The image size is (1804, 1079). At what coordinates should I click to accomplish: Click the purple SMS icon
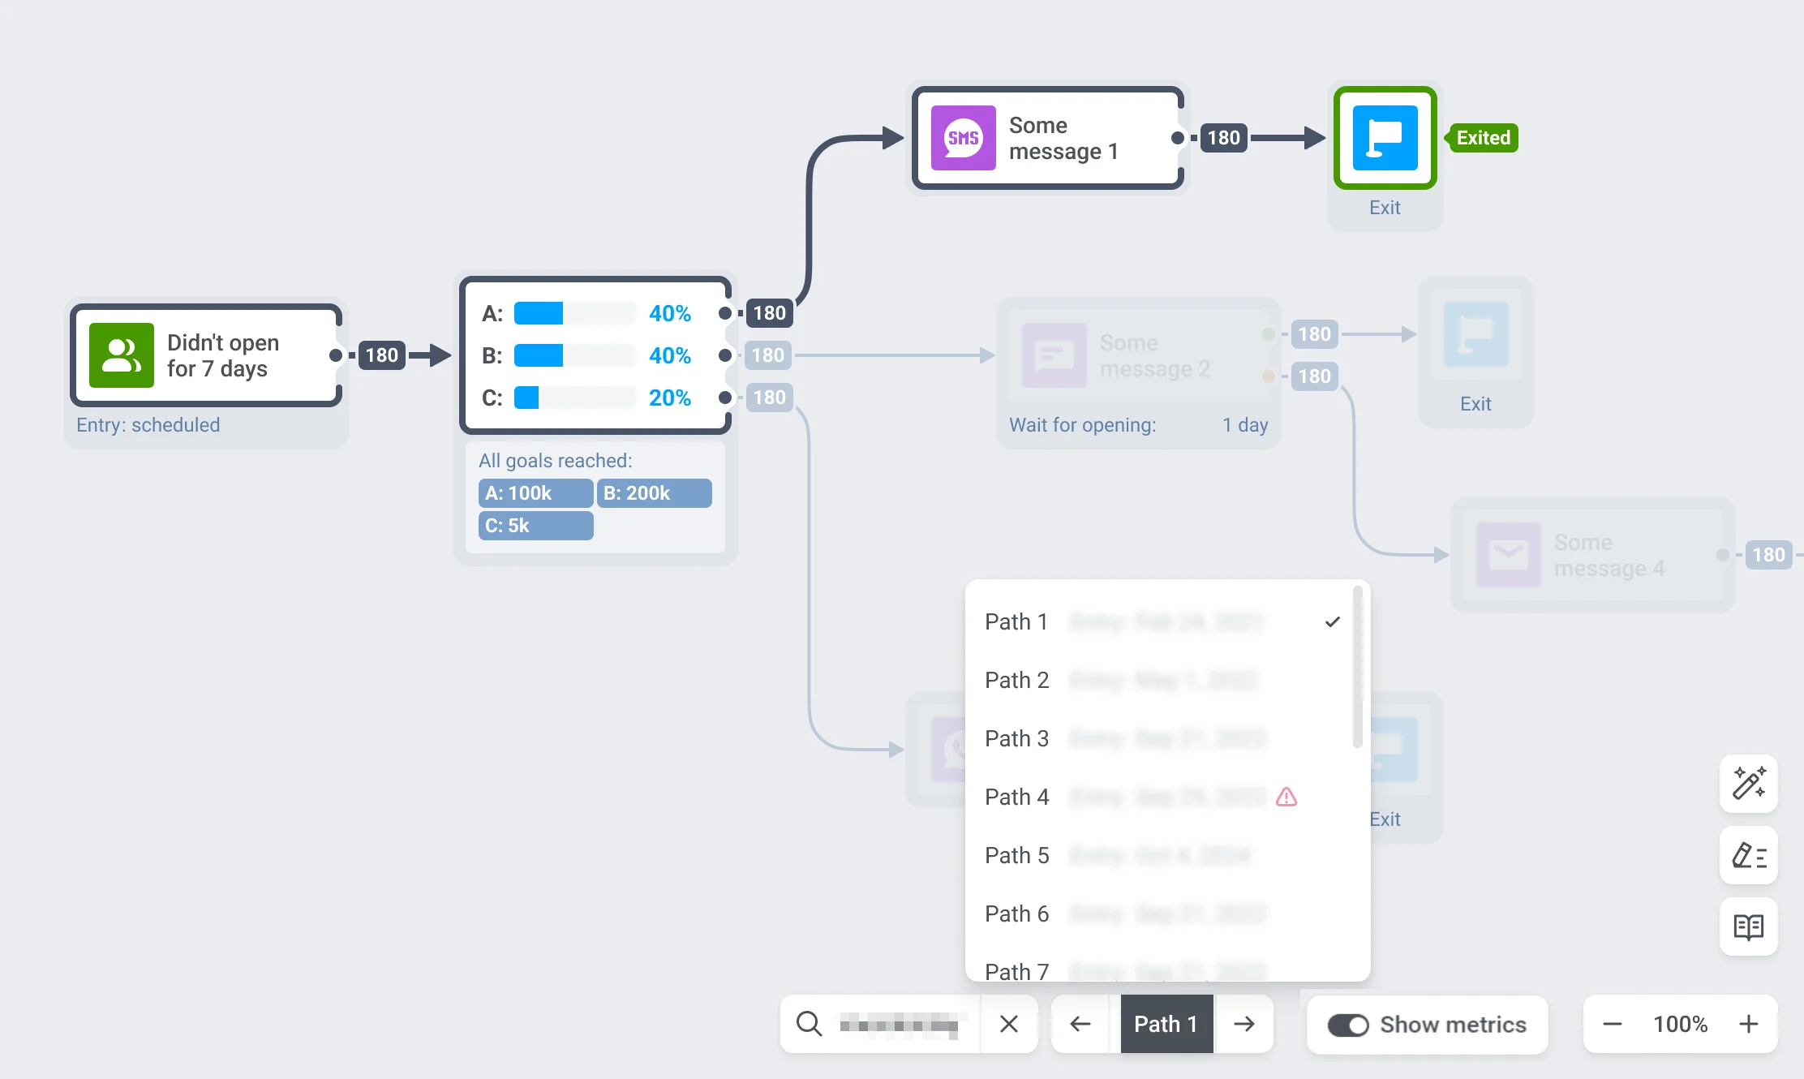[x=963, y=138]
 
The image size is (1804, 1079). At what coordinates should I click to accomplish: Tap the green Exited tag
[x=1483, y=138]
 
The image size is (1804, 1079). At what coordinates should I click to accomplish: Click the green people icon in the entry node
[x=122, y=355]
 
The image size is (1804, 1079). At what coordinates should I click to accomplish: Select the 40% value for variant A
[x=669, y=313]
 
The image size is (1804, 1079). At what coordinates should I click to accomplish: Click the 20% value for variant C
[x=669, y=398]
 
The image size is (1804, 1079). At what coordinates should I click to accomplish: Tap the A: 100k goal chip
[x=535, y=493]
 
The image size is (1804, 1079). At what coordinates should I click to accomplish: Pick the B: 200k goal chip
[x=654, y=493]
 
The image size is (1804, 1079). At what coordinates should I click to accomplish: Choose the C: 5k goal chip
[x=535, y=526]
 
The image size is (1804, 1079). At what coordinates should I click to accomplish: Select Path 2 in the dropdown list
[x=1017, y=680]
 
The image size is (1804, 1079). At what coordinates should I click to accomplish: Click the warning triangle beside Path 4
[x=1286, y=797]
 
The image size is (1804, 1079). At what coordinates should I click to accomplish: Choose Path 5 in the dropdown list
[x=1017, y=855]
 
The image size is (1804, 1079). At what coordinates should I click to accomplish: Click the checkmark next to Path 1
[x=1332, y=622]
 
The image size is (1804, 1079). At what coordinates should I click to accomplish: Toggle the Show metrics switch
[x=1348, y=1025]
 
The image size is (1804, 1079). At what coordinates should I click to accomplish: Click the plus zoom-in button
[x=1749, y=1024]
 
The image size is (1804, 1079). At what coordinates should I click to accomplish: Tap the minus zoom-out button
[x=1613, y=1024]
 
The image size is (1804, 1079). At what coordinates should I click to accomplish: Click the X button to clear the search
[x=1009, y=1024]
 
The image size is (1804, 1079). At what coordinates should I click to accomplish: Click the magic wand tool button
[x=1749, y=783]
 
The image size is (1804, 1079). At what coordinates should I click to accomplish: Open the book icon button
[x=1749, y=926]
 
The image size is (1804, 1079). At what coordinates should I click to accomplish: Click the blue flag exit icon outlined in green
[x=1385, y=138]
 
